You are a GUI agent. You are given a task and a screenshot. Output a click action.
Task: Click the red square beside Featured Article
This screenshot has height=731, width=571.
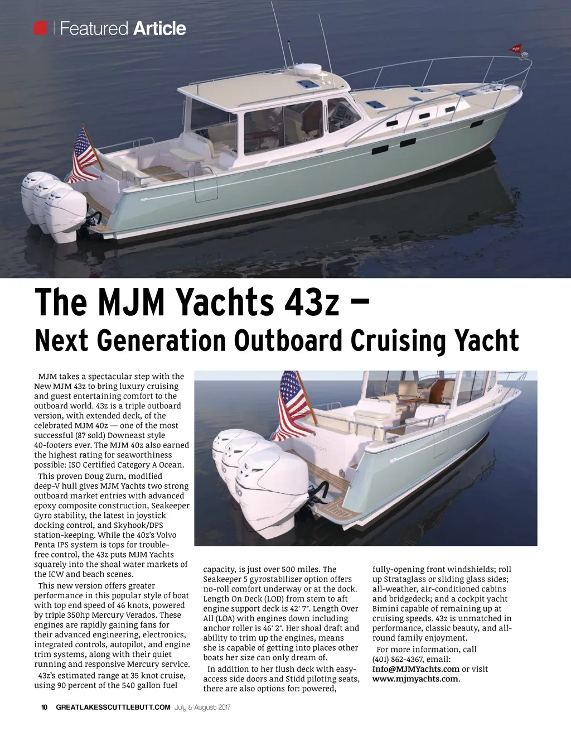click(x=40, y=28)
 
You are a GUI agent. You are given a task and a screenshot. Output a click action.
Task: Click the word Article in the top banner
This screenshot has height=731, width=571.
click(x=159, y=28)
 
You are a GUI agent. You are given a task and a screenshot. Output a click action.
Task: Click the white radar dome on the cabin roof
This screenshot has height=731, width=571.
click(x=308, y=70)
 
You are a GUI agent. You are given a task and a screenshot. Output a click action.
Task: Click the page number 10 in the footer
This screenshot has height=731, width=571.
click(x=45, y=708)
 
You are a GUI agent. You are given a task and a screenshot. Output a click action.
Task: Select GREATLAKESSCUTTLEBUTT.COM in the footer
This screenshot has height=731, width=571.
click(x=113, y=708)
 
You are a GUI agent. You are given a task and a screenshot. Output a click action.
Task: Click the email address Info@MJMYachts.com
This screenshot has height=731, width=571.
click(x=416, y=669)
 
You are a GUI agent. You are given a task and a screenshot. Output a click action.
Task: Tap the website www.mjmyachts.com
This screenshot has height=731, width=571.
click(x=416, y=679)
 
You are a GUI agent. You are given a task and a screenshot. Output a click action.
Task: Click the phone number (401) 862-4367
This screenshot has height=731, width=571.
click(x=398, y=659)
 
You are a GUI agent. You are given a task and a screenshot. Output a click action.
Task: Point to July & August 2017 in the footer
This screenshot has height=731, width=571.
click(x=202, y=708)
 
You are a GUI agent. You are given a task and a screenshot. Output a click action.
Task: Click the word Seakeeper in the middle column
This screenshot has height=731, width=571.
click(x=222, y=579)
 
